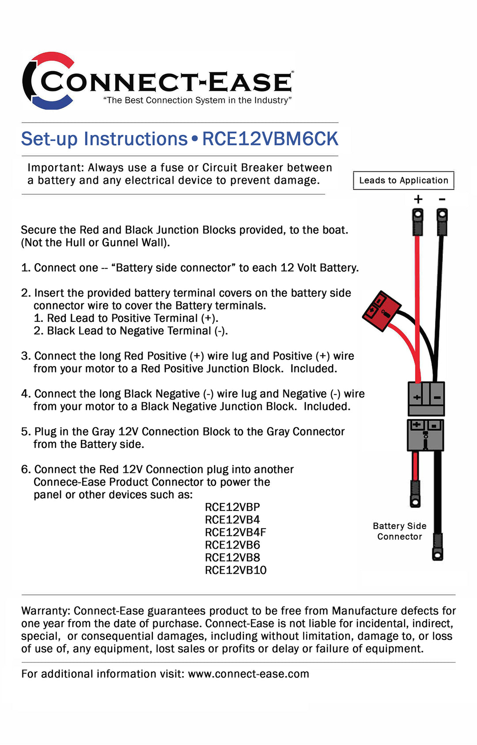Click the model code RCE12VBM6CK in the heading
(270, 139)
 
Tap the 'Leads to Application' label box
(403, 180)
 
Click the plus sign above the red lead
(418, 200)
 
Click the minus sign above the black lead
(442, 200)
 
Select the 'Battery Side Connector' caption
(399, 531)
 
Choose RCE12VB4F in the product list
(235, 533)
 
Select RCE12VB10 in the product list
(235, 570)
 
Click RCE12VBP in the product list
(232, 507)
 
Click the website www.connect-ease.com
(248, 674)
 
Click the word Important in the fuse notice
(54, 168)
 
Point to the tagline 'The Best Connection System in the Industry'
(197, 100)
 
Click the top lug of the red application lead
(417, 221)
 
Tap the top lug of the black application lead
(442, 221)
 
